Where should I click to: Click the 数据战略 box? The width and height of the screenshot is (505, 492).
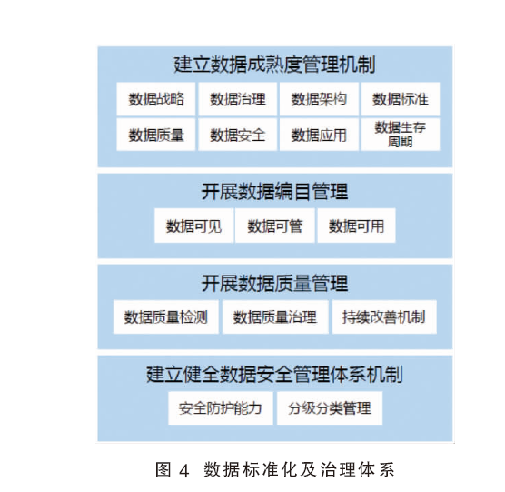click(x=156, y=99)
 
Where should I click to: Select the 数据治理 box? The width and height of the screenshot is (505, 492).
click(x=238, y=99)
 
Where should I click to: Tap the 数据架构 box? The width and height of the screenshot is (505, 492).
click(x=319, y=99)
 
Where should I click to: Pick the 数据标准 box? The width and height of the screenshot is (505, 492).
click(x=401, y=99)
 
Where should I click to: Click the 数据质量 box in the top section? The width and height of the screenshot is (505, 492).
click(x=156, y=135)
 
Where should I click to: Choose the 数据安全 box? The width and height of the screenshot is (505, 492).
click(x=238, y=135)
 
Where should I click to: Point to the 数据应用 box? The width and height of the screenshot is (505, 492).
click(x=319, y=135)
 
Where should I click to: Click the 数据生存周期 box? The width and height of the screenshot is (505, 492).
click(x=401, y=135)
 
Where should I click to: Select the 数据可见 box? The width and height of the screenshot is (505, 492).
click(x=193, y=226)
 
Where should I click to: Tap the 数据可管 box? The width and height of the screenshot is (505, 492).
click(x=275, y=226)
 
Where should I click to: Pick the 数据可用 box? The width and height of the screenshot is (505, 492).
click(x=356, y=226)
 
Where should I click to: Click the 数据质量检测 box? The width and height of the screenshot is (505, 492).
click(x=166, y=316)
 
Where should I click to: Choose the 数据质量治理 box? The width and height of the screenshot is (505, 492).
click(x=275, y=316)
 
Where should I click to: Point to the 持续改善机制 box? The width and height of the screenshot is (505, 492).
click(x=384, y=316)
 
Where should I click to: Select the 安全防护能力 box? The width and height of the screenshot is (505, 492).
click(x=221, y=408)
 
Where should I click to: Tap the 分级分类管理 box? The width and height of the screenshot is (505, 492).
click(x=330, y=408)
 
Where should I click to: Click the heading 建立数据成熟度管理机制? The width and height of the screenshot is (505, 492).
click(x=274, y=65)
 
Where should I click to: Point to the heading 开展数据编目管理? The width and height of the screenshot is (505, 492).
click(x=274, y=192)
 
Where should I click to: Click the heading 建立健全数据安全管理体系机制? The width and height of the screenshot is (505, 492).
click(x=274, y=374)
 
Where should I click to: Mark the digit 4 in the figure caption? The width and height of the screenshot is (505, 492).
click(x=183, y=471)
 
